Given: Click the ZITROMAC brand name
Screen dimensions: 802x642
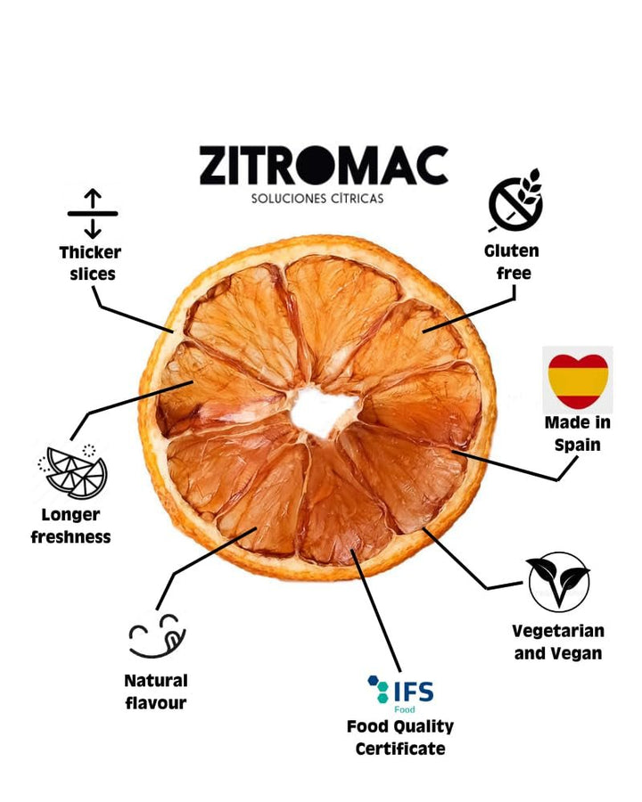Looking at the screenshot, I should (323, 167).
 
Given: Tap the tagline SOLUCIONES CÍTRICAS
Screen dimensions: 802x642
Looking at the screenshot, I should (317, 198).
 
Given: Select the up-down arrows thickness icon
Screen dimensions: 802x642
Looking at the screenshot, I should (93, 214).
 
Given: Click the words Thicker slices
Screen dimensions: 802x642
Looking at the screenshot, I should (91, 263).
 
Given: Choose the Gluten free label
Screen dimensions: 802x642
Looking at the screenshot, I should (512, 262).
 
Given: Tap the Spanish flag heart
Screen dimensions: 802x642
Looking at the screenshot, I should (578, 381).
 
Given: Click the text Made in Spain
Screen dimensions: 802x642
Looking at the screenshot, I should (577, 432).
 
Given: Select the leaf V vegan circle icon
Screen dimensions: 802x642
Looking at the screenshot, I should (558, 582).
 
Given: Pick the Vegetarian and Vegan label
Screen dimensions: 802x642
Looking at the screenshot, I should (558, 642).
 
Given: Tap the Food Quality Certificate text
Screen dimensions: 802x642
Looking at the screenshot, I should (400, 738).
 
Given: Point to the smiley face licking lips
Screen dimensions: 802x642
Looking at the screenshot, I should (156, 635).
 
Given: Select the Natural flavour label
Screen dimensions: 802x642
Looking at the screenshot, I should (156, 692).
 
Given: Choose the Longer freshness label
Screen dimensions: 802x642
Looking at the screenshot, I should (71, 526).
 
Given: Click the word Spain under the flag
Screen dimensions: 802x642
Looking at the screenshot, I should (577, 444).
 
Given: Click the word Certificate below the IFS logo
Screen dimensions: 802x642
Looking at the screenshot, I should (400, 749).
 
